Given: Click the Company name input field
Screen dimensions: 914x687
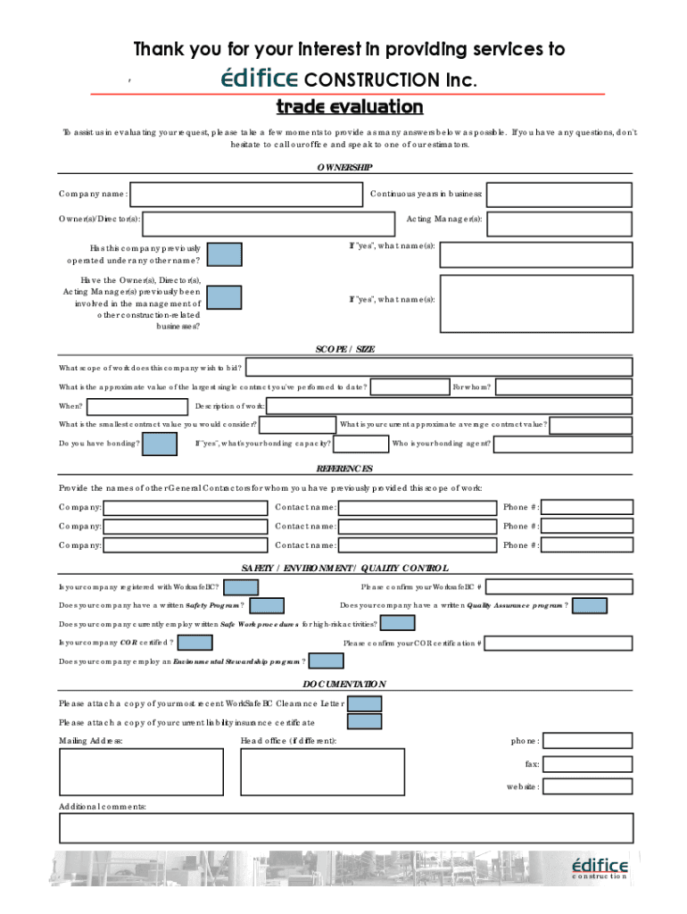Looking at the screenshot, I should click(248, 195).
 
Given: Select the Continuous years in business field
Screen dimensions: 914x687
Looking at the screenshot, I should click(559, 195).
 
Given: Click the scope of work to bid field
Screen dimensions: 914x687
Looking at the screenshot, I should click(438, 367).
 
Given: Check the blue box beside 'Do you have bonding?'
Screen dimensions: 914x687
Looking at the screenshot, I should click(160, 444).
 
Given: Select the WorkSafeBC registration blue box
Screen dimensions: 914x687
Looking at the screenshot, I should click(241, 587).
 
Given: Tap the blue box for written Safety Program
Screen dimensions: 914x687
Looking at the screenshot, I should click(267, 606).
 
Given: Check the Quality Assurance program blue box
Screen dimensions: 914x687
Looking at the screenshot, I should click(589, 606).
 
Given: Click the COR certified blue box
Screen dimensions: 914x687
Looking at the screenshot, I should click(195, 643).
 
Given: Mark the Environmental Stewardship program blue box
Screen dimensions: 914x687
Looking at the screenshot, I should click(326, 661).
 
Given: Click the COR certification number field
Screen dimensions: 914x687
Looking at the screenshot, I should click(559, 643).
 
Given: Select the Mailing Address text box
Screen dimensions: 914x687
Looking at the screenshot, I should click(141, 771).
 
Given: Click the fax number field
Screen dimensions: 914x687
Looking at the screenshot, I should click(587, 764).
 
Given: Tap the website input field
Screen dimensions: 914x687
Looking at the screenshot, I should click(587, 787).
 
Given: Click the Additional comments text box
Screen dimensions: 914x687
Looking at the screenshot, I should click(345, 827).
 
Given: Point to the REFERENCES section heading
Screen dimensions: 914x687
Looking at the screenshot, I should click(344, 469).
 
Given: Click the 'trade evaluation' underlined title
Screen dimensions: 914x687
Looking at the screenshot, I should click(349, 108).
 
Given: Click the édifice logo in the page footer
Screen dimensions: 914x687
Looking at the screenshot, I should click(599, 868).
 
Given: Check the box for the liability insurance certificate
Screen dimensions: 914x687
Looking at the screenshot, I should click(364, 722).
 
